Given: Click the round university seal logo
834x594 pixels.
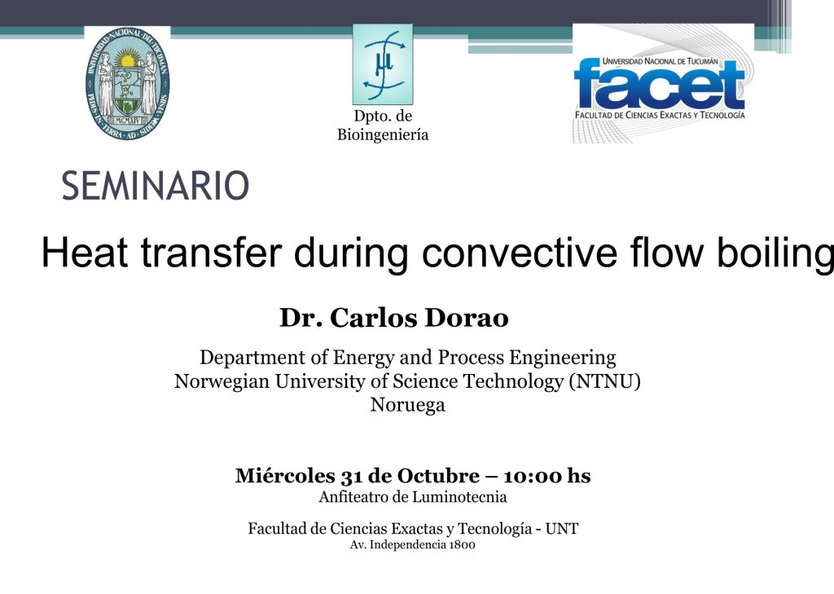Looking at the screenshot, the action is coord(128,84).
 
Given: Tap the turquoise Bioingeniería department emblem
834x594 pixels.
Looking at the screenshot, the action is coord(383,64).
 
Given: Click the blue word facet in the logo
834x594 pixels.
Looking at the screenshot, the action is coord(660,86).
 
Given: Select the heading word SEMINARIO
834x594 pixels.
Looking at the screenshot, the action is coord(156,186).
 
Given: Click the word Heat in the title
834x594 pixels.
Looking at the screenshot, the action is coord(84,253).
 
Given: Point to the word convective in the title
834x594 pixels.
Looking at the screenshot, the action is coord(520,253).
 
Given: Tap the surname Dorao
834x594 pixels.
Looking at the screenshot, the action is coord(466,318).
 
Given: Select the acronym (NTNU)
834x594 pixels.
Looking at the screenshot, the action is coord(605,381).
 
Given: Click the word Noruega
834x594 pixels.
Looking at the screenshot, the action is coord(407,405).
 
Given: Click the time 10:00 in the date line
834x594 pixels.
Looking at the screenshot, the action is coord(533,475).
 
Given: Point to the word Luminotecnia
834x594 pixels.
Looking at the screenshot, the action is coord(459,497).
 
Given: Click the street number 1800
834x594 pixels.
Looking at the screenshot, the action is coord(462,544).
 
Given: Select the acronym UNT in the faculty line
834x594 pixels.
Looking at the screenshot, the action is coord(562,529).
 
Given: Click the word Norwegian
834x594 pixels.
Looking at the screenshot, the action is coord(222,381).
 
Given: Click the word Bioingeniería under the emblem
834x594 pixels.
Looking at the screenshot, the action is coord(383,134).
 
